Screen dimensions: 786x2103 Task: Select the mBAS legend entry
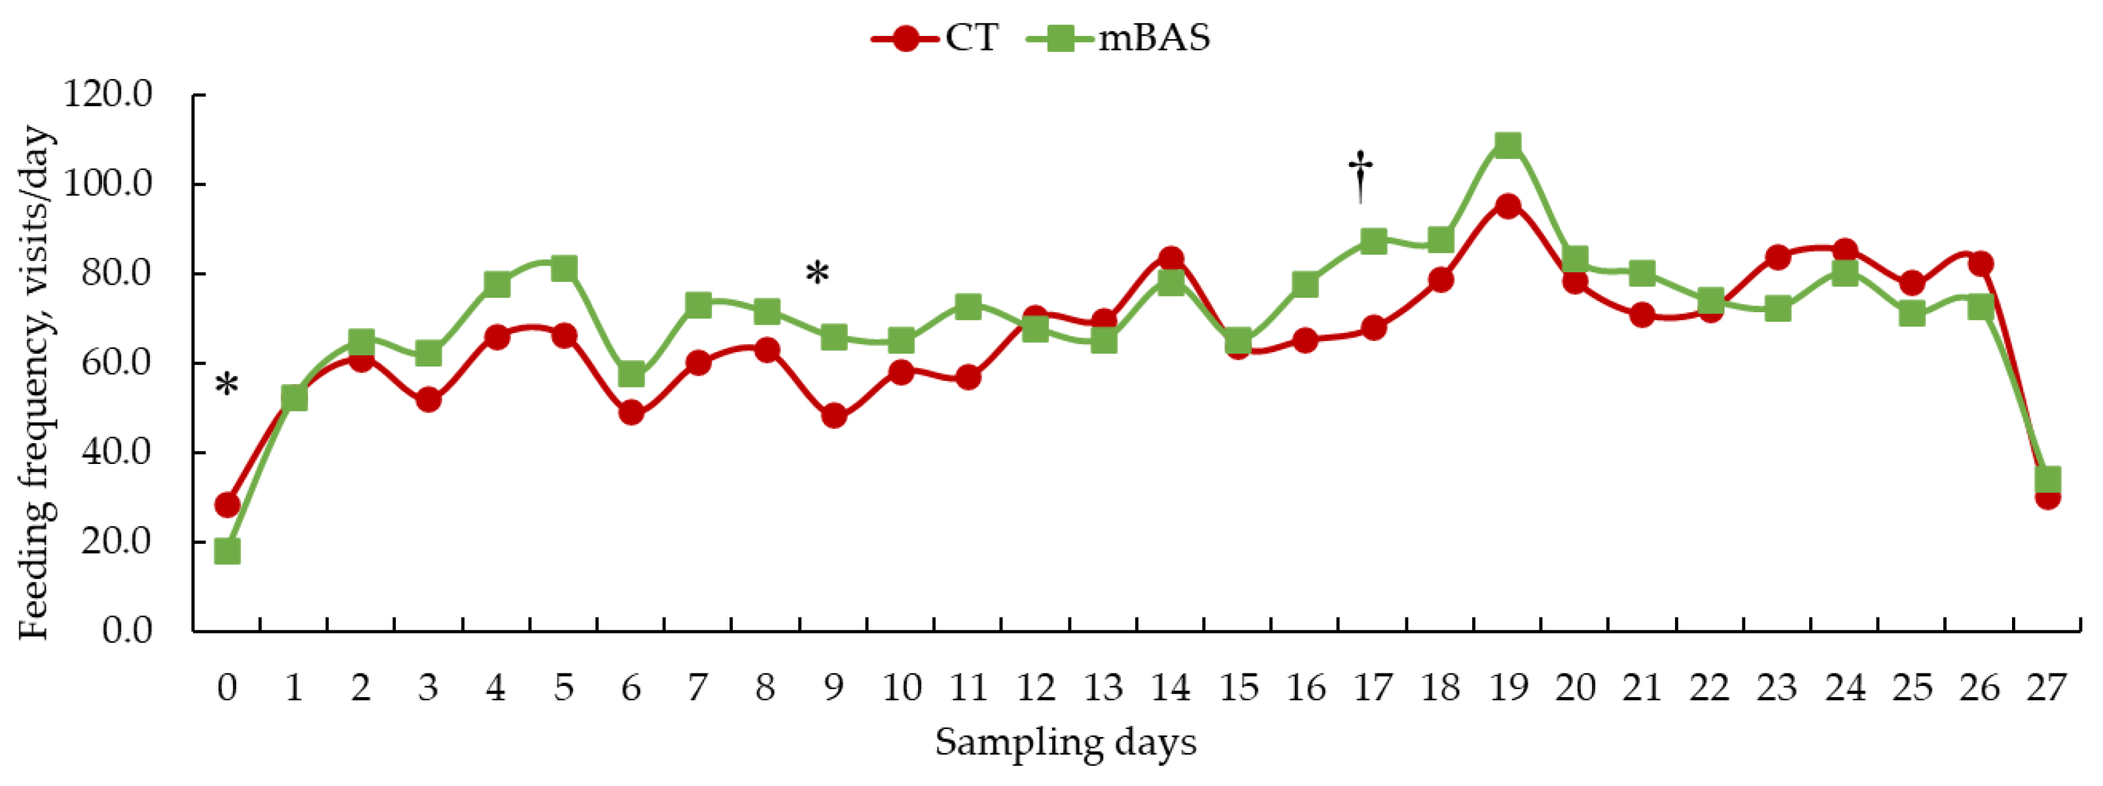(x=1118, y=37)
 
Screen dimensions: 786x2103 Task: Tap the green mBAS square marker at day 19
(x=1508, y=145)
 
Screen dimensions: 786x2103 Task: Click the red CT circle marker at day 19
(x=1508, y=205)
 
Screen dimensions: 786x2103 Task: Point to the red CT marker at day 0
(x=227, y=505)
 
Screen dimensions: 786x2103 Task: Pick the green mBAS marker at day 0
(x=227, y=552)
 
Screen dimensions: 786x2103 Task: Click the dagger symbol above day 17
(x=1360, y=175)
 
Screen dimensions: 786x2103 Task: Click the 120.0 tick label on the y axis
(x=109, y=95)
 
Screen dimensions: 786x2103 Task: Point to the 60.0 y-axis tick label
(x=116, y=363)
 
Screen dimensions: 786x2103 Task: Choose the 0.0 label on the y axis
(x=126, y=630)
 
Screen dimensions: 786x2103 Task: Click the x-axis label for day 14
(x=1171, y=688)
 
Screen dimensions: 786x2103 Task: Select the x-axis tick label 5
(x=563, y=688)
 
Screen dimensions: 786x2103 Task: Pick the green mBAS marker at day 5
(x=563, y=268)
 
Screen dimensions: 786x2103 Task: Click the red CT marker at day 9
(x=834, y=416)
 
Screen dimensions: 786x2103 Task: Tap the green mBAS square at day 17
(x=1373, y=241)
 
